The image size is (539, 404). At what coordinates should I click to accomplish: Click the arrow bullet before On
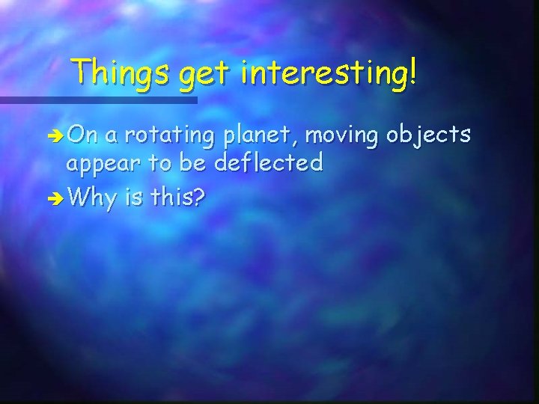coord(55,137)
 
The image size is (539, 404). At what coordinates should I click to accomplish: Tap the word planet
coord(257,136)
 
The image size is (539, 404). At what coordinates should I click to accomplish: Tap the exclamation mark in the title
coord(413,73)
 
